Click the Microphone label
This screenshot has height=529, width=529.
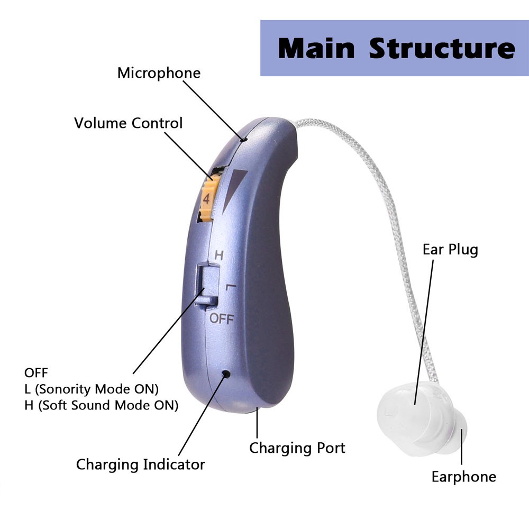(x=159, y=73)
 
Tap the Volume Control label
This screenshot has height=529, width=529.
(x=128, y=124)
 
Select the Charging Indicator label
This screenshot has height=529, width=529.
(x=140, y=465)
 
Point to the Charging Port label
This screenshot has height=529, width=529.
(x=297, y=448)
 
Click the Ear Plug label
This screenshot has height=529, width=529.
(x=450, y=249)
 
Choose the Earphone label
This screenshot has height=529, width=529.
(x=463, y=477)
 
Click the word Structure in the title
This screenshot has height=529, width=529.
(x=442, y=49)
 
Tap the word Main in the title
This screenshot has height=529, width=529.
(x=316, y=49)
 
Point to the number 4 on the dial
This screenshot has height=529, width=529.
(x=206, y=199)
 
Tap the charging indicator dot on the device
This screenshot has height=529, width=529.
(x=226, y=374)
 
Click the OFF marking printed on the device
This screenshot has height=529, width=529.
(x=221, y=318)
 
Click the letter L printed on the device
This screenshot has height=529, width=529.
(x=230, y=287)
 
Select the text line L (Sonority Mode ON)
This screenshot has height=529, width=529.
(x=92, y=389)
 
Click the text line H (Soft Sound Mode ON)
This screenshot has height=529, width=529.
(x=101, y=405)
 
